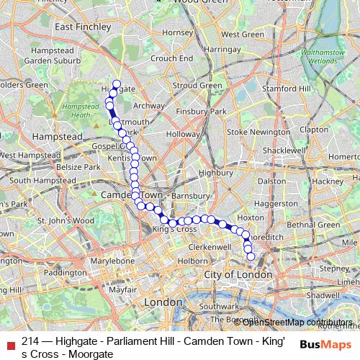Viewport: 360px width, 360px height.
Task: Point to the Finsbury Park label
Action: (x=203, y=112)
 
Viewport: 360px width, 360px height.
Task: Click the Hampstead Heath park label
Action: (x=81, y=110)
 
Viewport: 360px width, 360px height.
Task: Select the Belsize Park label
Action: (x=80, y=167)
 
